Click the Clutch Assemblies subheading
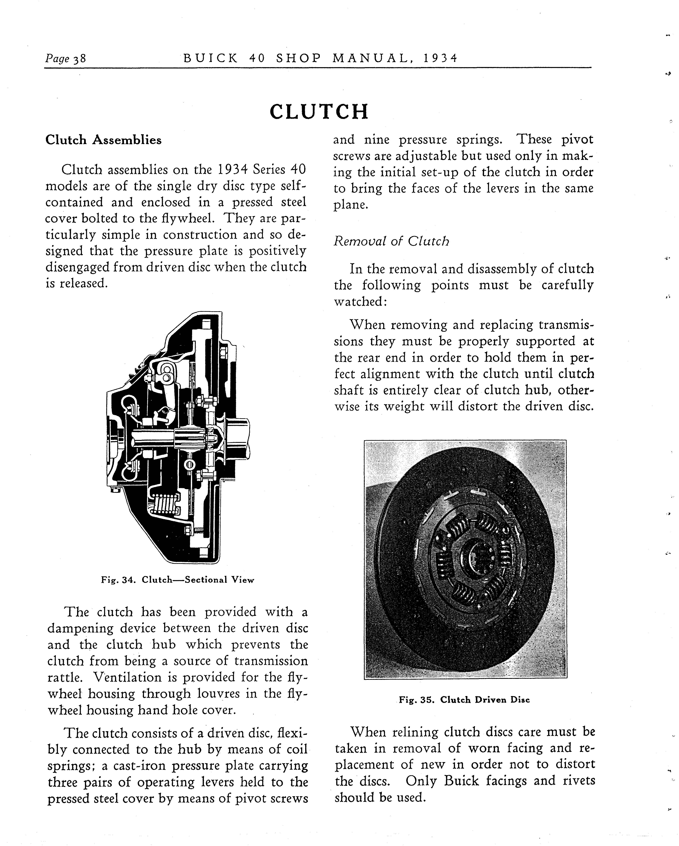click(x=103, y=140)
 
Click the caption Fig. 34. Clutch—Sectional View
click(x=177, y=580)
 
